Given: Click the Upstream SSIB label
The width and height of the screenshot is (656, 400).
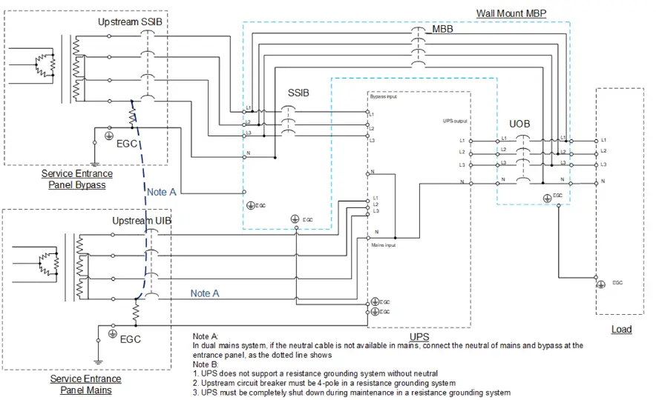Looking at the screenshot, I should click(x=130, y=22).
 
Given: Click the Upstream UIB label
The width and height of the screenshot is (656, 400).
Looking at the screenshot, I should click(x=142, y=221).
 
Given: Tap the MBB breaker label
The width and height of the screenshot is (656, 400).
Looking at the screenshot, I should click(x=442, y=30).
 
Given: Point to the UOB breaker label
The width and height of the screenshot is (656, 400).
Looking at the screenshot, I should click(x=519, y=124).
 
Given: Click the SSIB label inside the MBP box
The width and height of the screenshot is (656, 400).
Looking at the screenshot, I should click(x=299, y=93).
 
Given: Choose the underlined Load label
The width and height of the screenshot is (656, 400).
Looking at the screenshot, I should click(x=621, y=329).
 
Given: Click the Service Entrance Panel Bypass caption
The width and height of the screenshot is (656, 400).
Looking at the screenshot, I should click(x=77, y=179).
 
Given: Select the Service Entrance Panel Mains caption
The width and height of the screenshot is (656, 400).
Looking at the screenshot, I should click(x=86, y=384).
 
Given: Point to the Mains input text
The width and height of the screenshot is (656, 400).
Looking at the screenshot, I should click(x=382, y=244).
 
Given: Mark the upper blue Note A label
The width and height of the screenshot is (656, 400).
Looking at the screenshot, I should click(x=162, y=192).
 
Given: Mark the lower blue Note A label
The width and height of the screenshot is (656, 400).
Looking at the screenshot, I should click(x=205, y=293).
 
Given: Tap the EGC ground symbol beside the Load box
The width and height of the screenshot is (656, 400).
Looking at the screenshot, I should click(x=600, y=284).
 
